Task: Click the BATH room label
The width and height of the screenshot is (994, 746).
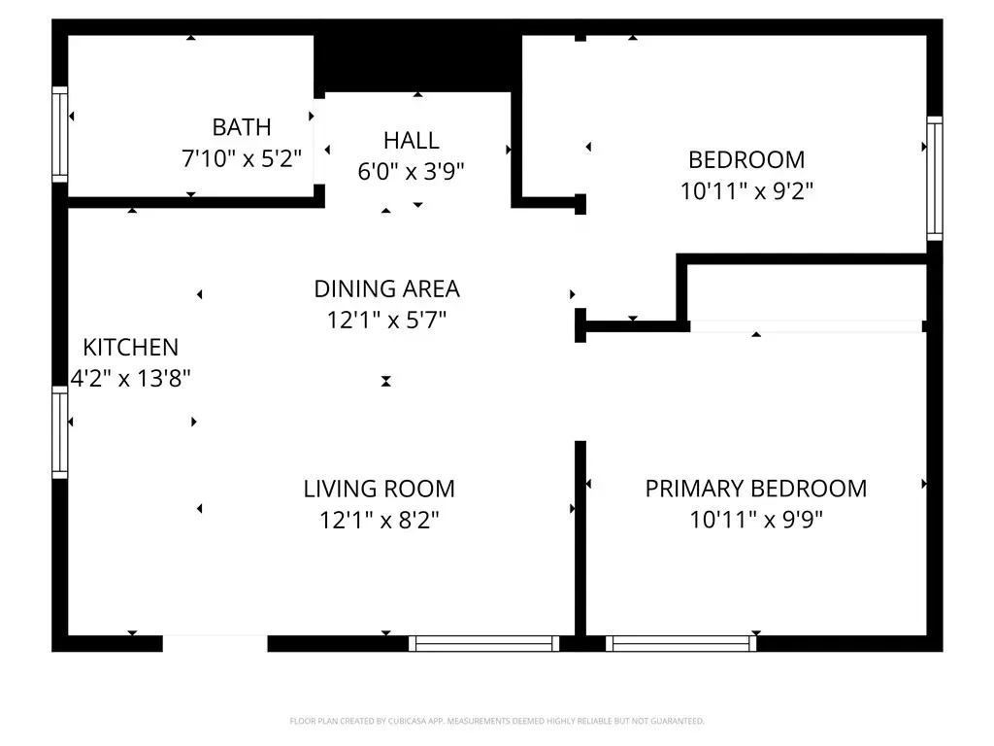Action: pyautogui.click(x=242, y=127)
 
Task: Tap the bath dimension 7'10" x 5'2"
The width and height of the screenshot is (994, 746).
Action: pyautogui.click(x=242, y=158)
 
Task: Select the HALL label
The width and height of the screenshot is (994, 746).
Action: pyautogui.click(x=412, y=140)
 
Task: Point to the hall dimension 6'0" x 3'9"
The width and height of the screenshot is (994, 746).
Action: pyautogui.click(x=412, y=171)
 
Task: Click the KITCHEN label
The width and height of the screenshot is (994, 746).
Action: pyautogui.click(x=131, y=348)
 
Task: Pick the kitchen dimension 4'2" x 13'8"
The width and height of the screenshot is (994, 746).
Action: pyautogui.click(x=131, y=379)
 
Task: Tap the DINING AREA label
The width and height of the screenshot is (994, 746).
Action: pyautogui.click(x=386, y=289)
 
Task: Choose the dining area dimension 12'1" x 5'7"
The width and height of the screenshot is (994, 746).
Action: pyautogui.click(x=386, y=321)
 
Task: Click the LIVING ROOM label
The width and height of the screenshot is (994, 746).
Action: pyautogui.click(x=380, y=490)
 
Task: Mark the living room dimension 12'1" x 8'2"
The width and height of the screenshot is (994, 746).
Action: pyautogui.click(x=380, y=521)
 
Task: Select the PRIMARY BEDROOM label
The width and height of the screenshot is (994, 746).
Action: pyautogui.click(x=756, y=489)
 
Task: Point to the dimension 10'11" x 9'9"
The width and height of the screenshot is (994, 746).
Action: pyautogui.click(x=756, y=520)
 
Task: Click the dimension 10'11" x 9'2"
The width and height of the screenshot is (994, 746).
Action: pyautogui.click(x=746, y=191)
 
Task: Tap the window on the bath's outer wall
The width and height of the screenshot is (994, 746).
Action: pyautogui.click(x=59, y=134)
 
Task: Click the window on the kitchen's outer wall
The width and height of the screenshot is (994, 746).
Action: pyautogui.click(x=59, y=432)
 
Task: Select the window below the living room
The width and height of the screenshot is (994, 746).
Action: pyautogui.click(x=483, y=643)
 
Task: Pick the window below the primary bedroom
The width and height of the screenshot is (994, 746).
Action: pyautogui.click(x=680, y=643)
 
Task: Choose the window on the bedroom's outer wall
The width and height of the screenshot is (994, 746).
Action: pyautogui.click(x=935, y=179)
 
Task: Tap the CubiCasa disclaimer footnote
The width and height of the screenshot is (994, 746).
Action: pyautogui.click(x=497, y=722)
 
